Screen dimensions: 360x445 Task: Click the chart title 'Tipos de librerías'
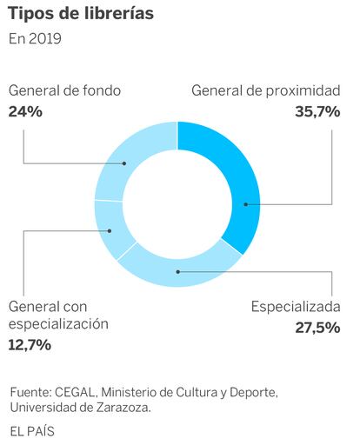coord(81,13)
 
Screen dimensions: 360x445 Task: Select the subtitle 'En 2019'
coord(35,38)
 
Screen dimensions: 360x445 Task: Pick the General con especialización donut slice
coord(111,229)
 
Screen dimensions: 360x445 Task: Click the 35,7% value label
coord(317,111)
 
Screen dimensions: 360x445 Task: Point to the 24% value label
coord(25,111)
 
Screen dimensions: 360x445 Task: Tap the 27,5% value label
coord(317,328)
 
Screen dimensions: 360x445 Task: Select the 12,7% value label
coord(30,345)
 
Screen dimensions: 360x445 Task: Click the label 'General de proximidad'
coord(266,90)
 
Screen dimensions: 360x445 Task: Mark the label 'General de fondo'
coord(64,90)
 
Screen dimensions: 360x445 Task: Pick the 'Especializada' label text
coord(296,307)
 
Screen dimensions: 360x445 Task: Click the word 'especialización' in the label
coord(58,324)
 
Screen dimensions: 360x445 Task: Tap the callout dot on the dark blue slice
coord(246,204)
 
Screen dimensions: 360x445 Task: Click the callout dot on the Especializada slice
coord(178,272)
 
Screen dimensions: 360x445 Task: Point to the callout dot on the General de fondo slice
coord(124,163)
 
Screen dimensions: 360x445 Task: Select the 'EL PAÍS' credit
coord(32,431)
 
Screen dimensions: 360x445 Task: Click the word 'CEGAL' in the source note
coord(76,393)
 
